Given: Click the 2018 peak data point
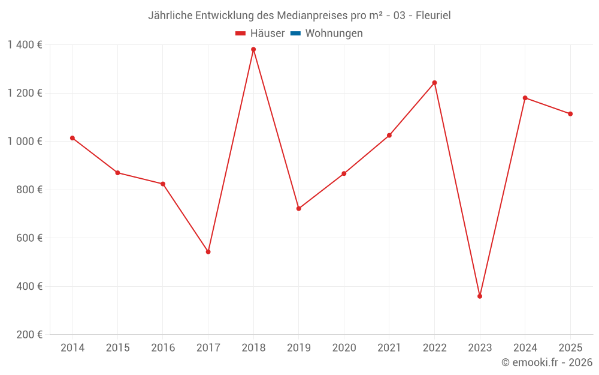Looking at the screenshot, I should click(x=253, y=49).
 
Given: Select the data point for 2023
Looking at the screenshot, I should click(x=480, y=296).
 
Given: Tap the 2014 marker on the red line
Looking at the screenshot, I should click(x=72, y=138).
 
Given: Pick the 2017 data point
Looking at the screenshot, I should click(x=208, y=251).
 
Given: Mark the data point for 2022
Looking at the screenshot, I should click(x=434, y=83).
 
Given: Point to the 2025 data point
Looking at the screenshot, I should click(x=570, y=114).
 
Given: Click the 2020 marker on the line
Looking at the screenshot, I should click(x=344, y=173).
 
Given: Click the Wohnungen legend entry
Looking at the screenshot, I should click(x=334, y=34).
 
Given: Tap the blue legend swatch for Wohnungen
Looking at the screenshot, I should click(x=295, y=34).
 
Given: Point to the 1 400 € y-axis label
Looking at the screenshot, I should click(x=25, y=45).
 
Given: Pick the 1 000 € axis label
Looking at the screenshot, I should click(x=25, y=142).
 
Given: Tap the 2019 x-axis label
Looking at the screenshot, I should click(x=298, y=347).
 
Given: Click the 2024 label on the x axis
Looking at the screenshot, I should click(x=525, y=347).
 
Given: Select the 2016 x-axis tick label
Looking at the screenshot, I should click(x=163, y=347).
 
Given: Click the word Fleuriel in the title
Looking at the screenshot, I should click(x=433, y=16).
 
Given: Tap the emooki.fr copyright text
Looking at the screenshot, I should click(x=547, y=362).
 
